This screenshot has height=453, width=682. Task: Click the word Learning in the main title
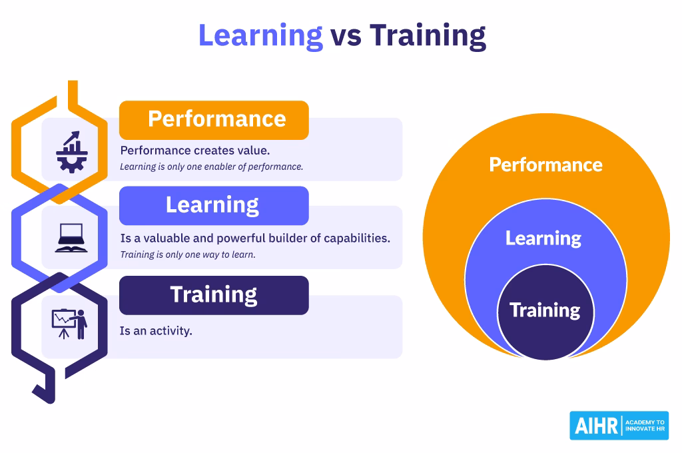pos(260,35)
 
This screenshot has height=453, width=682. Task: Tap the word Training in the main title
pos(428,35)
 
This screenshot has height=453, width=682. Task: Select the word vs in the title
pos(346,36)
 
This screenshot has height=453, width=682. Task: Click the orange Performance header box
pos(214,119)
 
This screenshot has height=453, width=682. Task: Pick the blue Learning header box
pos(214,205)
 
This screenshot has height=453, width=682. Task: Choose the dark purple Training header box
pos(214,294)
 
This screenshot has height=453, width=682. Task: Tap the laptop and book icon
pos(71,238)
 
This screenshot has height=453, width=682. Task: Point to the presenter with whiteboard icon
pos(70,323)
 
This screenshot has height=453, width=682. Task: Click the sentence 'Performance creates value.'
pos(195,150)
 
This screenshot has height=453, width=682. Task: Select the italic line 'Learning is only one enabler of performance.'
pos(211,167)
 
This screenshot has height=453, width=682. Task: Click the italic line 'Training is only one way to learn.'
pos(188,254)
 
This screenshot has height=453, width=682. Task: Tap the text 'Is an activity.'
pos(156,330)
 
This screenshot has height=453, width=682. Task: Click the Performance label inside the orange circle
pos(545,165)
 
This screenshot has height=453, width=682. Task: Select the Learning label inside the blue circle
pos(543,238)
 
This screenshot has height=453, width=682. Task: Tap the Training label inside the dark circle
pos(545,310)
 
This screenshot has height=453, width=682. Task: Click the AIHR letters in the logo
pos(594,426)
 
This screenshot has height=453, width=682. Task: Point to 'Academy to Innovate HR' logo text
pos(645,426)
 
